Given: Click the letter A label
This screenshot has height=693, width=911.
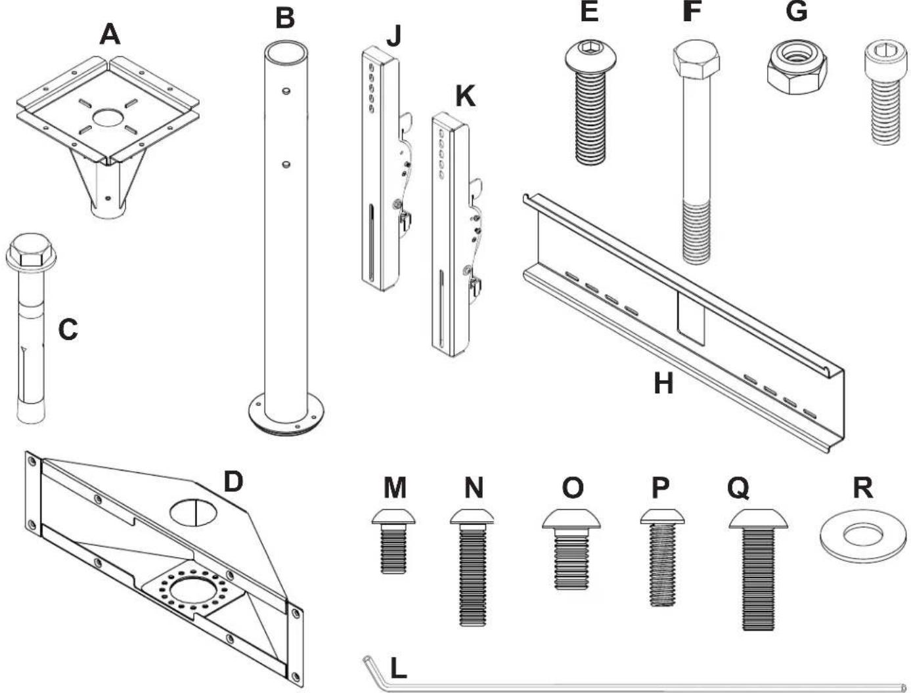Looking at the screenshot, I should pyautogui.click(x=110, y=33).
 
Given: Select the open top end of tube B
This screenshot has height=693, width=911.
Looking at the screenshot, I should pyautogui.click(x=286, y=51).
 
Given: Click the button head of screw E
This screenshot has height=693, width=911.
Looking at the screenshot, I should pyautogui.click(x=590, y=57).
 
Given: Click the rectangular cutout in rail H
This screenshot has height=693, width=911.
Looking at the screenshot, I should pyautogui.click(x=691, y=316).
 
